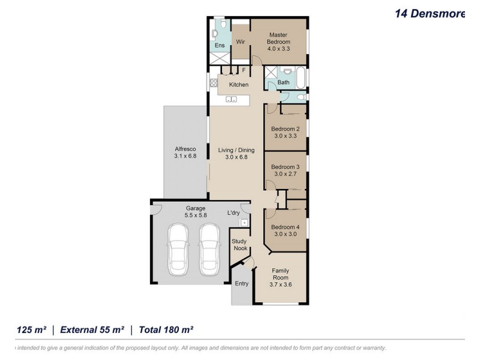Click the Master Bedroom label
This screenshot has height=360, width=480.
278,38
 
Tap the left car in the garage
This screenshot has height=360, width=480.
178,250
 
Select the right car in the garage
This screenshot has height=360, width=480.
209,250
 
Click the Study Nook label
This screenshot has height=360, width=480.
239,245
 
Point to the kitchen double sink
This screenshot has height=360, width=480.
232,99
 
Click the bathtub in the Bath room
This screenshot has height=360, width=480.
301,77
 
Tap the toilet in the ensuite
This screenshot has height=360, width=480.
224,23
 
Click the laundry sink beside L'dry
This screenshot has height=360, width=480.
244,223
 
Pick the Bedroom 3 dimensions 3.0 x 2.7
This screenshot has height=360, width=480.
286,174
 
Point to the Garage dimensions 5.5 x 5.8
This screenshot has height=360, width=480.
196,215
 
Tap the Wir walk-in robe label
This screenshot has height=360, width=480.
241,42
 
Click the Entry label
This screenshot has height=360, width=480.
242,283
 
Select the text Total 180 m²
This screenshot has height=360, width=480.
166,329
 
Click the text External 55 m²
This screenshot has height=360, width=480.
92,329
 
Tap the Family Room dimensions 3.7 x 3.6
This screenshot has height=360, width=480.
280,284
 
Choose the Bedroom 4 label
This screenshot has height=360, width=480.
286,227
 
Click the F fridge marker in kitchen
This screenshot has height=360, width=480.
244,70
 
